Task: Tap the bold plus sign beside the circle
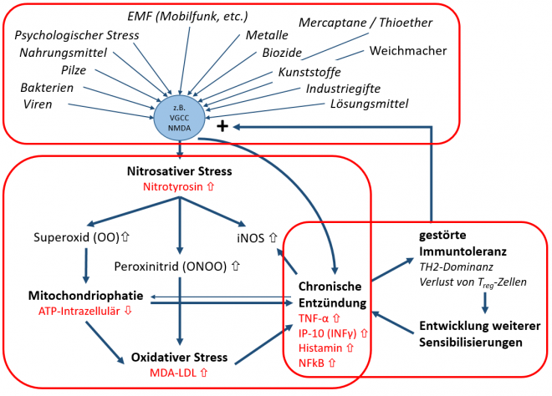pyautogui.click(x=222, y=126)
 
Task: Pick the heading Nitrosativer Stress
pyautogui.click(x=179, y=172)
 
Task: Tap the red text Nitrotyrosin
pyautogui.click(x=179, y=188)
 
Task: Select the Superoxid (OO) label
pyautogui.click(x=77, y=237)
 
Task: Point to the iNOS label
pyautogui.click(x=255, y=237)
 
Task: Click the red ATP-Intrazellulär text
pyautogui.click(x=74, y=311)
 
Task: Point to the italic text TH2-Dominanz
pyautogui.click(x=457, y=267)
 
